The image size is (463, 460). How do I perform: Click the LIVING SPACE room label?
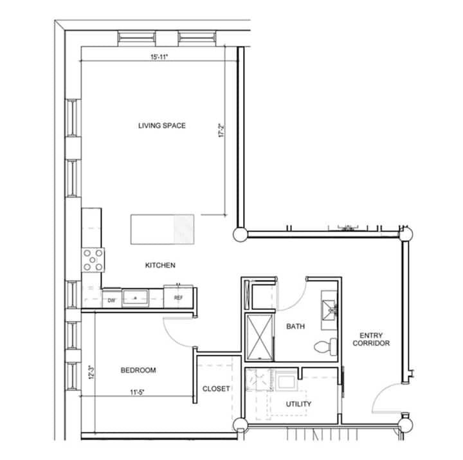tap(162, 125)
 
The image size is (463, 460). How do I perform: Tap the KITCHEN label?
tap(160, 265)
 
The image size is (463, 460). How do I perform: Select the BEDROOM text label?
tap(138, 370)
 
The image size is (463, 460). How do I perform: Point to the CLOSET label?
tap(216, 389)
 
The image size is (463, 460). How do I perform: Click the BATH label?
tap(296, 326)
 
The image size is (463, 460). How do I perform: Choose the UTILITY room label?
tap(298, 404)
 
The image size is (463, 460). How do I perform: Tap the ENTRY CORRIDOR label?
tap(371, 339)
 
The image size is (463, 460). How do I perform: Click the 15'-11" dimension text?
tap(159, 57)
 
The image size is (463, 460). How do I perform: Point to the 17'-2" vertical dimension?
tap(221, 131)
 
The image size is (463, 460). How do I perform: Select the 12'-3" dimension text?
tap(91, 373)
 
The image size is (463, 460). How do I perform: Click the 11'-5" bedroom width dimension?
tap(138, 392)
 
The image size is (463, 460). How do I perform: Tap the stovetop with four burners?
tap(93, 260)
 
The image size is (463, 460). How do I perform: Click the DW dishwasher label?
tap(111, 300)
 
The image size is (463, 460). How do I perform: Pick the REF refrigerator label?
tap(178, 297)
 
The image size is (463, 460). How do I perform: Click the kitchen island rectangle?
tap(163, 229)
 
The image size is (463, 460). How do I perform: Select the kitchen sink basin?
tap(136, 297)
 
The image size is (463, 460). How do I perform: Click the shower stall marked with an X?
tap(260, 337)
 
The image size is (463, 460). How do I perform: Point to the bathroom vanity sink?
tap(329, 310)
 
